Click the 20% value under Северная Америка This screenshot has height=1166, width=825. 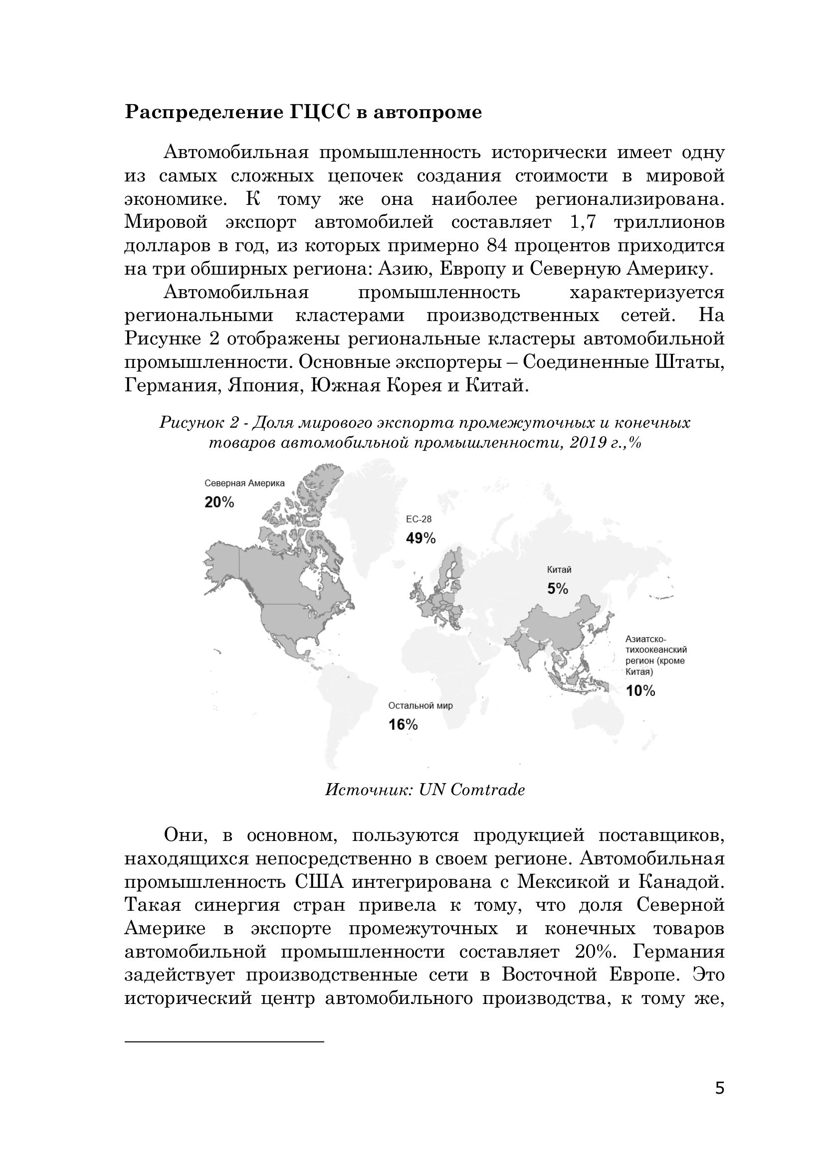[219, 502]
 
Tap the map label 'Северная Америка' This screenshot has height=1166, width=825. [244, 484]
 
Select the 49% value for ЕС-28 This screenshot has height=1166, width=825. [420, 538]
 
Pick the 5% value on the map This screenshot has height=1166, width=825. [557, 589]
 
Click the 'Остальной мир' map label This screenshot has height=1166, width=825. [420, 706]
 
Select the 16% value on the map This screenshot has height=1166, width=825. [403, 725]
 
